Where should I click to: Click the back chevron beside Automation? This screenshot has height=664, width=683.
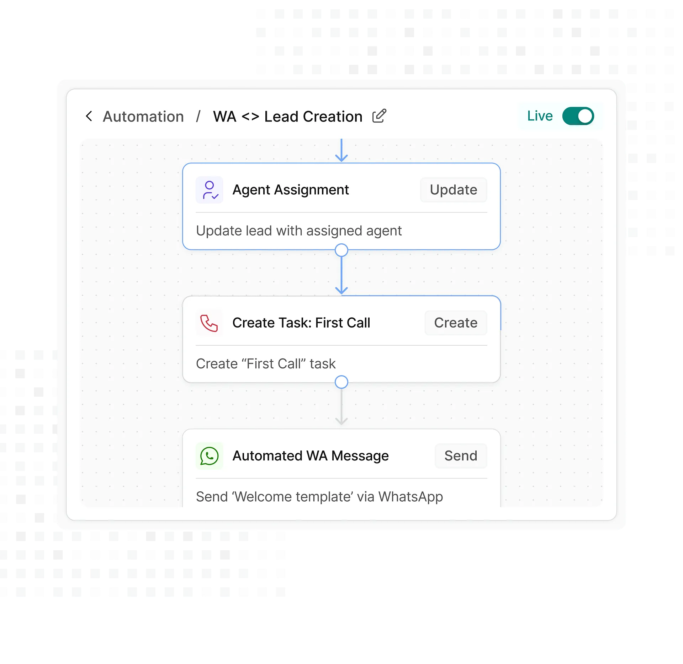click(89, 116)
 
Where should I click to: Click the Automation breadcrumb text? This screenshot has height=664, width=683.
click(143, 117)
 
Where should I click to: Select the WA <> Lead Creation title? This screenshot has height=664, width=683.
click(287, 117)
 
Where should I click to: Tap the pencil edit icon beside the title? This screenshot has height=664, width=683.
click(379, 116)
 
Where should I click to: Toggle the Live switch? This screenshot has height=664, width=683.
click(578, 116)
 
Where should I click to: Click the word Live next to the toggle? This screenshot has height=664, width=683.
click(540, 116)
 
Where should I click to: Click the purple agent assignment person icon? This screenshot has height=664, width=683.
click(210, 190)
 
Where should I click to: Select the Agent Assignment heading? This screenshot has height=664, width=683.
click(290, 190)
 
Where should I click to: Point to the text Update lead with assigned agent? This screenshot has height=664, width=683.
click(299, 231)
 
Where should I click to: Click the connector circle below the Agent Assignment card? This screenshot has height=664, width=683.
click(341, 250)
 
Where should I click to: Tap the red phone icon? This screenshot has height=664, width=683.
click(209, 323)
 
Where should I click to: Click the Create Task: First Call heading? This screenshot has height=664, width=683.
click(301, 323)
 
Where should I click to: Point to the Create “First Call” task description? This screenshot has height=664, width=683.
click(265, 364)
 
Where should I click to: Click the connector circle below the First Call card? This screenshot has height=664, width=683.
click(341, 382)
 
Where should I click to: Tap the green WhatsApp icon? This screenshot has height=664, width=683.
click(210, 456)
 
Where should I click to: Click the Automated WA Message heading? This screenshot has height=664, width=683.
click(310, 456)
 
